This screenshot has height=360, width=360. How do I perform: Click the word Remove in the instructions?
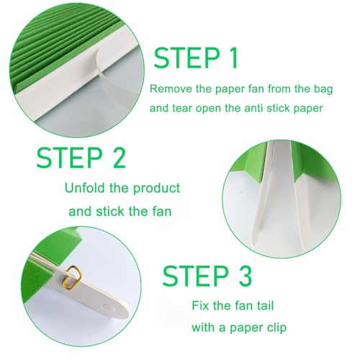coord(170,90)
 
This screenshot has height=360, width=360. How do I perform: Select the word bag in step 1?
coord(307,90)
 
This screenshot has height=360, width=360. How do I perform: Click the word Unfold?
coord(85,189)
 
